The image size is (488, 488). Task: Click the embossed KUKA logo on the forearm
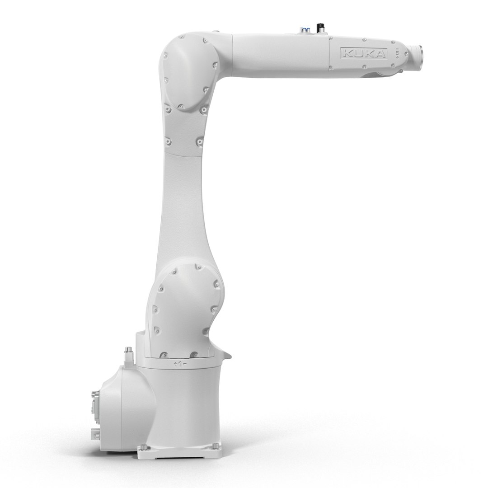363,53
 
